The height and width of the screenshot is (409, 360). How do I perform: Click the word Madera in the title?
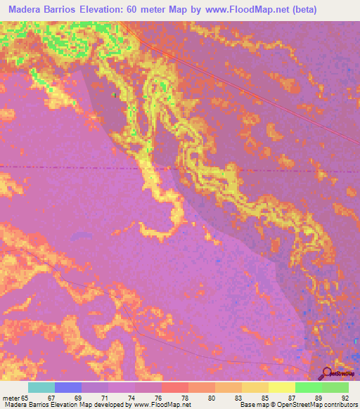click(26, 10)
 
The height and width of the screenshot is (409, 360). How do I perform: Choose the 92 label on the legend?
click(345, 397)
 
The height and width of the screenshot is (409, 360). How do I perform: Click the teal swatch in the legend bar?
click(41, 387)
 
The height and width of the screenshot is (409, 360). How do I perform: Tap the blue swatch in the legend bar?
click(68, 387)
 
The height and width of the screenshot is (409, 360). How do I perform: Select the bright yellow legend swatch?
click(282, 387)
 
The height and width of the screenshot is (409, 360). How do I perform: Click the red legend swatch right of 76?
click(175, 387)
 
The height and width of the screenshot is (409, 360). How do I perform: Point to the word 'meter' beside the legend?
click(11, 397)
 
